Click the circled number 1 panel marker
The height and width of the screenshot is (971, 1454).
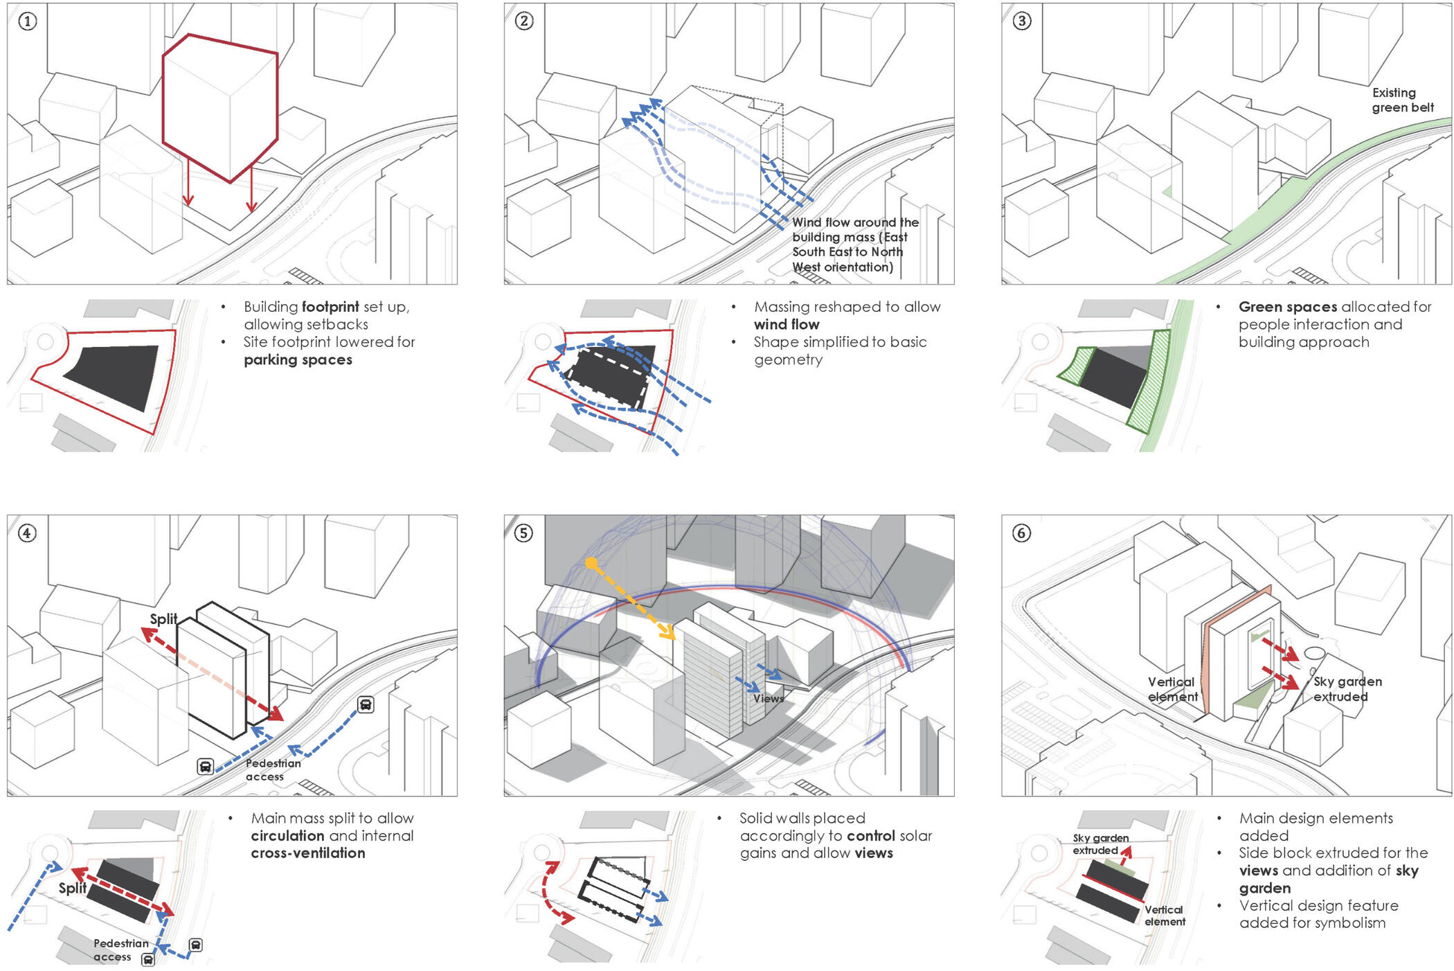pos(27,21)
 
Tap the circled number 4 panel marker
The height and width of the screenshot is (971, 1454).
pos(27,533)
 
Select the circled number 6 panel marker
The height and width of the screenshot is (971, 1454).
pos(1021,533)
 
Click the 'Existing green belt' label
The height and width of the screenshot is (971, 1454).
pos(1402,100)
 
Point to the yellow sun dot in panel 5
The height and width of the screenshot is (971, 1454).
pos(591,564)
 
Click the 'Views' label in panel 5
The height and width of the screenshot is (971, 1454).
pos(769,698)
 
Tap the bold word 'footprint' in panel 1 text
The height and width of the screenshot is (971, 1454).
pos(330,307)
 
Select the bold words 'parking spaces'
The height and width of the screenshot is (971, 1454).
pos(298,360)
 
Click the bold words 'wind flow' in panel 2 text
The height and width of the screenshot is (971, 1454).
pos(787,325)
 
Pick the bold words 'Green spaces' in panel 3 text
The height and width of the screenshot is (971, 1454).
pos(1287,307)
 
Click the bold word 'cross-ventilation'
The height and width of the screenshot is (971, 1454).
pos(308,853)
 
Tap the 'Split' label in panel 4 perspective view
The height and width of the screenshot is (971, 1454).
pos(163,619)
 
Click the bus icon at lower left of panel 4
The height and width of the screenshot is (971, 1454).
pos(205,767)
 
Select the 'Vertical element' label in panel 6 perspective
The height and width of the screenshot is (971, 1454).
pos(1172,689)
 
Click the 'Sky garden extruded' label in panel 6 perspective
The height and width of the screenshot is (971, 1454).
pos(1347,689)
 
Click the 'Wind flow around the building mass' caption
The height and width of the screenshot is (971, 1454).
pos(855,244)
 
